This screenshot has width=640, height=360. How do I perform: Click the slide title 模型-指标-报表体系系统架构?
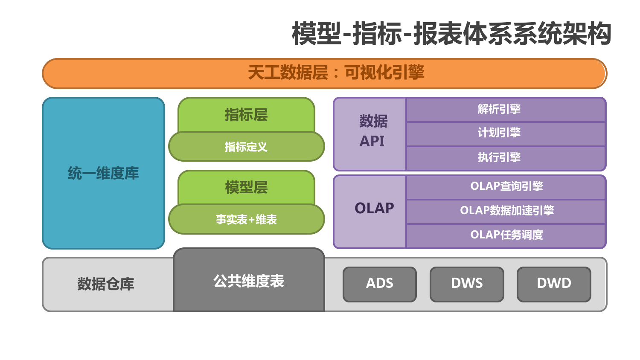point(451,34)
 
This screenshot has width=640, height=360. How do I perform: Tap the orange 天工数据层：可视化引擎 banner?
point(325,73)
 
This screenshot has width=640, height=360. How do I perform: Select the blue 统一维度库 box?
point(103,173)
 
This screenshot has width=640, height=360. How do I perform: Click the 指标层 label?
point(246,115)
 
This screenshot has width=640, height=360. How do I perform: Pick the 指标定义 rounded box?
point(247,147)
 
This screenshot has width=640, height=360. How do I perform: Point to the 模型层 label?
point(246,187)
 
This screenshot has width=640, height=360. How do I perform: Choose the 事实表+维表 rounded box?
point(247,219)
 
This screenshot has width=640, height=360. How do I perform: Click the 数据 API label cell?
point(370,134)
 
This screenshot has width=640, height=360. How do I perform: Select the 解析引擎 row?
point(506,110)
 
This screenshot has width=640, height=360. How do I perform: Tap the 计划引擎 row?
point(506,134)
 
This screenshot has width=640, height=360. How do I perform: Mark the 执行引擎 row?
point(506,158)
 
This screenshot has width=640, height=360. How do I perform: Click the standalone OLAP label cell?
point(370,212)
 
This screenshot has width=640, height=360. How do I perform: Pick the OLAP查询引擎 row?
point(506,187)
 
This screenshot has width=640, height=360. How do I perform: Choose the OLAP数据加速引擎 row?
point(506,212)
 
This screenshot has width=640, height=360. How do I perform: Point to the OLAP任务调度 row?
point(506,236)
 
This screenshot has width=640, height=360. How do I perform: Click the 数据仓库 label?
point(106,284)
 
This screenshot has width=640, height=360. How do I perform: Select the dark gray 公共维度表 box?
point(249,280)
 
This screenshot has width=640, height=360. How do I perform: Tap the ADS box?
point(380,284)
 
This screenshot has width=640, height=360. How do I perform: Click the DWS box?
point(467,284)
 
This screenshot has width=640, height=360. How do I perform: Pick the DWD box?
point(554,284)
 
